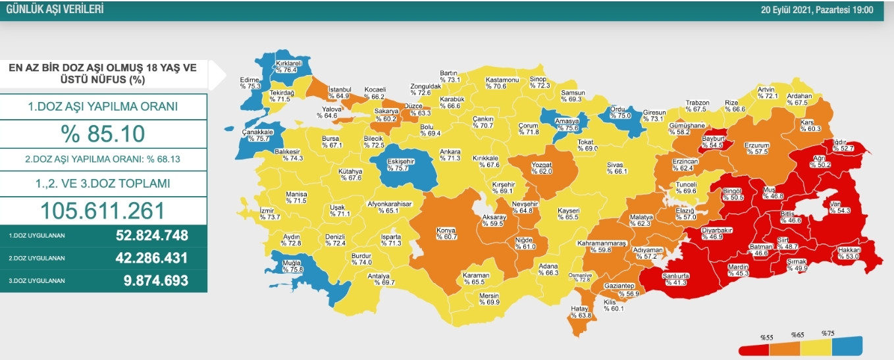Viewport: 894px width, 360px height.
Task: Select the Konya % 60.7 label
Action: (446, 234)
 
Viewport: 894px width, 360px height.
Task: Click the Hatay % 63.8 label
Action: (581, 312)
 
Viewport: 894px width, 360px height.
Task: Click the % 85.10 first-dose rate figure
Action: (103, 134)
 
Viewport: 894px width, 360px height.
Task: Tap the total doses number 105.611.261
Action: (103, 210)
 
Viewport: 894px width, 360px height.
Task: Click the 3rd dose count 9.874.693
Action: (155, 280)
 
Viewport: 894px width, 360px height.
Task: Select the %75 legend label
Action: (828, 333)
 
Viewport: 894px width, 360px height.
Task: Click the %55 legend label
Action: (766, 337)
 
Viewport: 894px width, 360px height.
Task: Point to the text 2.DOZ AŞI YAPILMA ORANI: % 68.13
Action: (103, 159)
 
